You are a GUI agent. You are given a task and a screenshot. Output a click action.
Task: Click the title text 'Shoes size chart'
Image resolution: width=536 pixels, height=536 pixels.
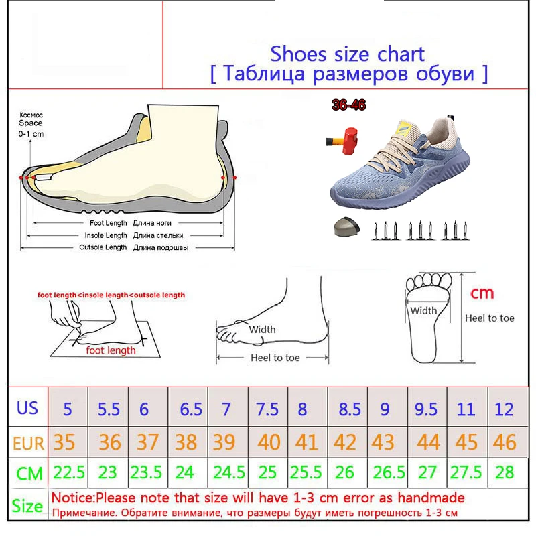click(x=347, y=53)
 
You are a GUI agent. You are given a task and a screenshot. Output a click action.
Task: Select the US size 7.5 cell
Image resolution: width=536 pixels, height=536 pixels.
click(x=267, y=409)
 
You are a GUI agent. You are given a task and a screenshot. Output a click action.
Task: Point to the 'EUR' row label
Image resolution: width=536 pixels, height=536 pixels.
click(x=28, y=442)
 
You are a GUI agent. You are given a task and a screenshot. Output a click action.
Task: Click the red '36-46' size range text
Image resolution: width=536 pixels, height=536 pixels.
click(x=348, y=105)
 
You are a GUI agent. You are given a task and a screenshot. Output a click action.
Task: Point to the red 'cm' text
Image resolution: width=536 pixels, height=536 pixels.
click(x=482, y=293)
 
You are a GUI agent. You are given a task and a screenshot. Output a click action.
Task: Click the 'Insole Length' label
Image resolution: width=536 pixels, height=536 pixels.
click(x=105, y=236)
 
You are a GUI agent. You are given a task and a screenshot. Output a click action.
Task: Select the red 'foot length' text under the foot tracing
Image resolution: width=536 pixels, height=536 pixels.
click(x=111, y=350)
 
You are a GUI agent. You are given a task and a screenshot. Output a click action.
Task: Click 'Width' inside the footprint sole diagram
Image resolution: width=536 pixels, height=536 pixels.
click(x=423, y=310)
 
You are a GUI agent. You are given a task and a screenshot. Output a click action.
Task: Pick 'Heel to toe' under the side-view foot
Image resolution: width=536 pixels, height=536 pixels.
click(x=275, y=358)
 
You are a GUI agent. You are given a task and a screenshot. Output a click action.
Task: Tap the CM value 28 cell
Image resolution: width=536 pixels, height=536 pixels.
click(x=505, y=473)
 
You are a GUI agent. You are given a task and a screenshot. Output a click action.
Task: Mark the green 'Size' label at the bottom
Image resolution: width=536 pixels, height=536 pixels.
click(x=27, y=505)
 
